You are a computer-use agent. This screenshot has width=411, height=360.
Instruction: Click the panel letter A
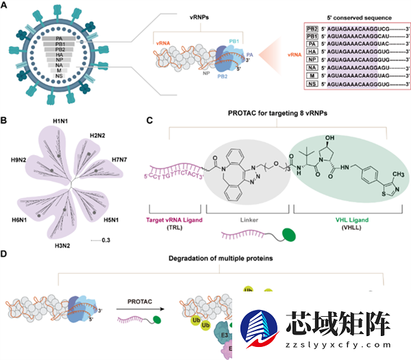(5, 6)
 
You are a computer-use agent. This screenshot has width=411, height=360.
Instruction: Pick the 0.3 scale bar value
(105, 240)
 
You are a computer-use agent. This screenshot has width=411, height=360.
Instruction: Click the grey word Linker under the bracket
(249, 219)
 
